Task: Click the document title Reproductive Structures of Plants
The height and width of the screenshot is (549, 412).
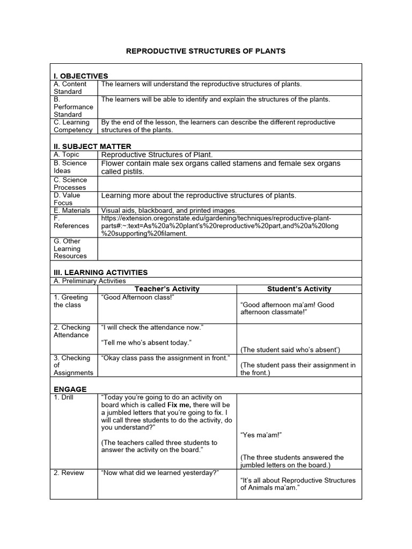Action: point(205,51)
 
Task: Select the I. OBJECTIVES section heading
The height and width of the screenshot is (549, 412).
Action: point(80,76)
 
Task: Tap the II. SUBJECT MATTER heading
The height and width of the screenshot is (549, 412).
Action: point(92,146)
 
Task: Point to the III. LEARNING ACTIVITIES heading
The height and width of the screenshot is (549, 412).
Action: point(100,272)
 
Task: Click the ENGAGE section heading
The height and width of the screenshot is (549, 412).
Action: point(70,389)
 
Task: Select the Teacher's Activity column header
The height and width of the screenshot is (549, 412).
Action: point(167,289)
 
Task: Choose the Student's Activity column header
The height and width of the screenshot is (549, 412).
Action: point(299,289)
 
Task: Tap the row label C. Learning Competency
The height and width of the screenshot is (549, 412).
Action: point(73,126)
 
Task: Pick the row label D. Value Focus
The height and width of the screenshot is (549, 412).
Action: point(67,199)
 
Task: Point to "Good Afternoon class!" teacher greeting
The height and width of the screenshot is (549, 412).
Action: point(138,297)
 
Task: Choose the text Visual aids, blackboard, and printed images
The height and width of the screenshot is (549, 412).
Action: point(168,211)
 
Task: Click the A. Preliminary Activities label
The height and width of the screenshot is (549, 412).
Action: point(90,281)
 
